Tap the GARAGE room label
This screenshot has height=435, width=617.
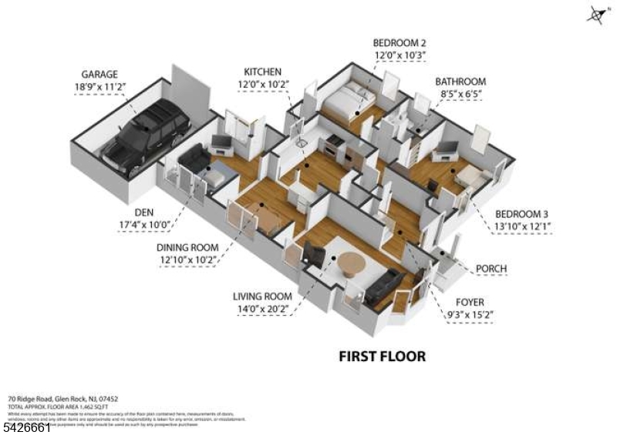click(99, 75)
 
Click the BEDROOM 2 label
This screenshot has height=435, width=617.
click(400, 42)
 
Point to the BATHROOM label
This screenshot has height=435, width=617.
click(460, 81)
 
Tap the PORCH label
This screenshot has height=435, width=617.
click(491, 268)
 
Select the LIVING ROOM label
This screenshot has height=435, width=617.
click(261, 296)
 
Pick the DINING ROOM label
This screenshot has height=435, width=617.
click(187, 247)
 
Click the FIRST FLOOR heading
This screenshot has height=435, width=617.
click(383, 356)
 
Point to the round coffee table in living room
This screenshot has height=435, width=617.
click(351, 264)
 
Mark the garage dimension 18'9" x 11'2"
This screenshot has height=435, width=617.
click(100, 87)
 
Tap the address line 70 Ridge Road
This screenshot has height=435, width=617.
click(62, 399)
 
